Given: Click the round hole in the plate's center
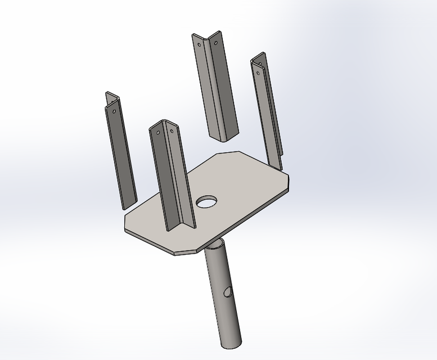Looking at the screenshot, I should tap(207, 201).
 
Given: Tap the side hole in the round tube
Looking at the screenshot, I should tap(228, 291).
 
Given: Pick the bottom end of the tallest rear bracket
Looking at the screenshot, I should tap(224, 137).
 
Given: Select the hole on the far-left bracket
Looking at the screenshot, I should tap(115, 111).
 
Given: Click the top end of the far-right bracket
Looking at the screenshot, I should tap(259, 56).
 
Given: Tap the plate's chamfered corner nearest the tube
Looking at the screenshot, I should tap(185, 252).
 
